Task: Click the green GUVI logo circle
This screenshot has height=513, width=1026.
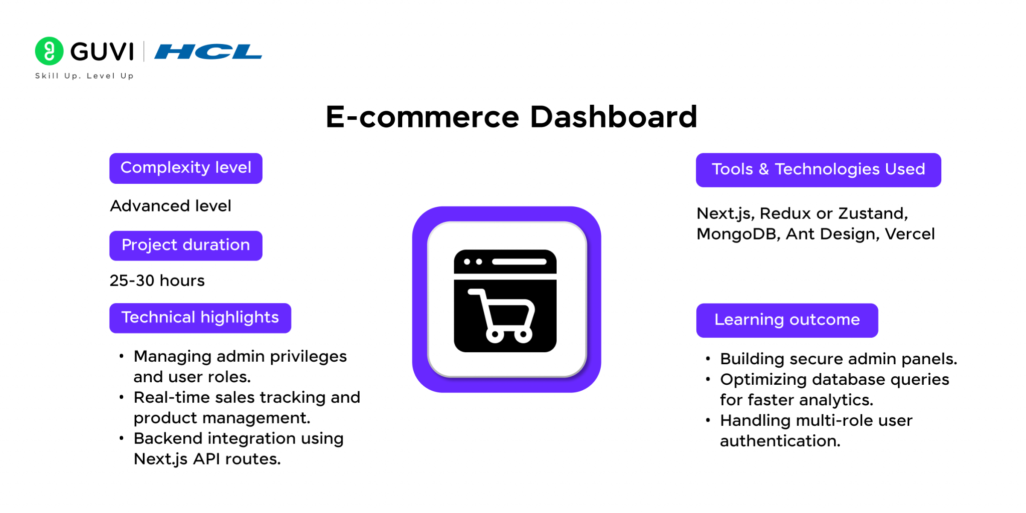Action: (x=49, y=51)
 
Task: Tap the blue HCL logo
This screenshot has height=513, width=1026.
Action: (x=208, y=52)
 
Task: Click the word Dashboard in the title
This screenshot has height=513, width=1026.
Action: (x=613, y=117)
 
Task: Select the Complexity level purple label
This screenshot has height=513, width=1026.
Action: (x=186, y=168)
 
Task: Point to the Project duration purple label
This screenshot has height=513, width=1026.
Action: (x=186, y=245)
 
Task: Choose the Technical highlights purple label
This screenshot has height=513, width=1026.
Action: (x=200, y=318)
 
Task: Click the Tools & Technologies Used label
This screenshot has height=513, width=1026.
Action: (x=818, y=170)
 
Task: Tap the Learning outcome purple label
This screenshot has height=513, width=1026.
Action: (x=787, y=320)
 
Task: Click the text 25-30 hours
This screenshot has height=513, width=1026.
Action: (x=157, y=281)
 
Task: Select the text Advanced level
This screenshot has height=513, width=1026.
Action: (x=171, y=206)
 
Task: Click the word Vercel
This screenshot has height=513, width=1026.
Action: (x=909, y=234)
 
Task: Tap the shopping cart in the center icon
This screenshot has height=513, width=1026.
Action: (x=501, y=316)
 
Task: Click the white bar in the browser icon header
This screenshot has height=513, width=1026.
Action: (x=519, y=262)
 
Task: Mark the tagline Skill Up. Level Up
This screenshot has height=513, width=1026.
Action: (x=84, y=76)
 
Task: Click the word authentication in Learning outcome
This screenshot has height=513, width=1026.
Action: (x=780, y=441)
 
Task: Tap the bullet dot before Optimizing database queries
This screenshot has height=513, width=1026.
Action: (x=708, y=379)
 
